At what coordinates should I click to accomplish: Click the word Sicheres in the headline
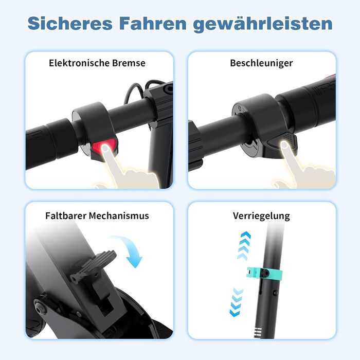pyautogui.click(x=70, y=24)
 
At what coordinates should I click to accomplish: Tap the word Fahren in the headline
pyautogui.click(x=153, y=24)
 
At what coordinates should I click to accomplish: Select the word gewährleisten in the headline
pyautogui.click(x=263, y=25)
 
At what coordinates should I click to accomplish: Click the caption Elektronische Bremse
pyautogui.click(x=97, y=63)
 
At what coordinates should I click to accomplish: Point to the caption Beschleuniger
pyautogui.click(x=261, y=63)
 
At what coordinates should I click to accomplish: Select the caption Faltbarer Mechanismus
pyautogui.click(x=97, y=216)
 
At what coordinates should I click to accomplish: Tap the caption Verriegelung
pyautogui.click(x=261, y=216)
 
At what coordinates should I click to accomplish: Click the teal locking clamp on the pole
pyautogui.click(x=264, y=273)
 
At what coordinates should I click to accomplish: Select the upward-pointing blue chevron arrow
pyautogui.click(x=244, y=246)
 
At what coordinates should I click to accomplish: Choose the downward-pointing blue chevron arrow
pyautogui.click(x=236, y=302)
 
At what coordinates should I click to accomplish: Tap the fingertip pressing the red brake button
pyautogui.click(x=105, y=149)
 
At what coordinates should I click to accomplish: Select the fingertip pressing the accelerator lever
pyautogui.click(x=284, y=145)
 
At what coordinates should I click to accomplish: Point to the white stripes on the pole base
pyautogui.click(x=258, y=332)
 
